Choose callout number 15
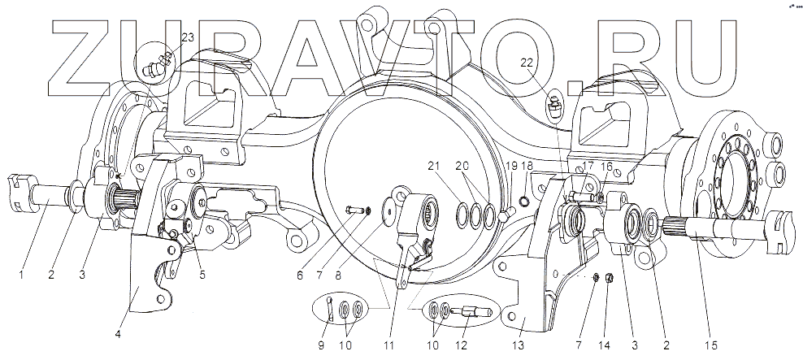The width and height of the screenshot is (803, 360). (x=710, y=345)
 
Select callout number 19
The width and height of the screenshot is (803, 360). (x=511, y=166)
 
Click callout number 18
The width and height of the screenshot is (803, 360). (x=528, y=166)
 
